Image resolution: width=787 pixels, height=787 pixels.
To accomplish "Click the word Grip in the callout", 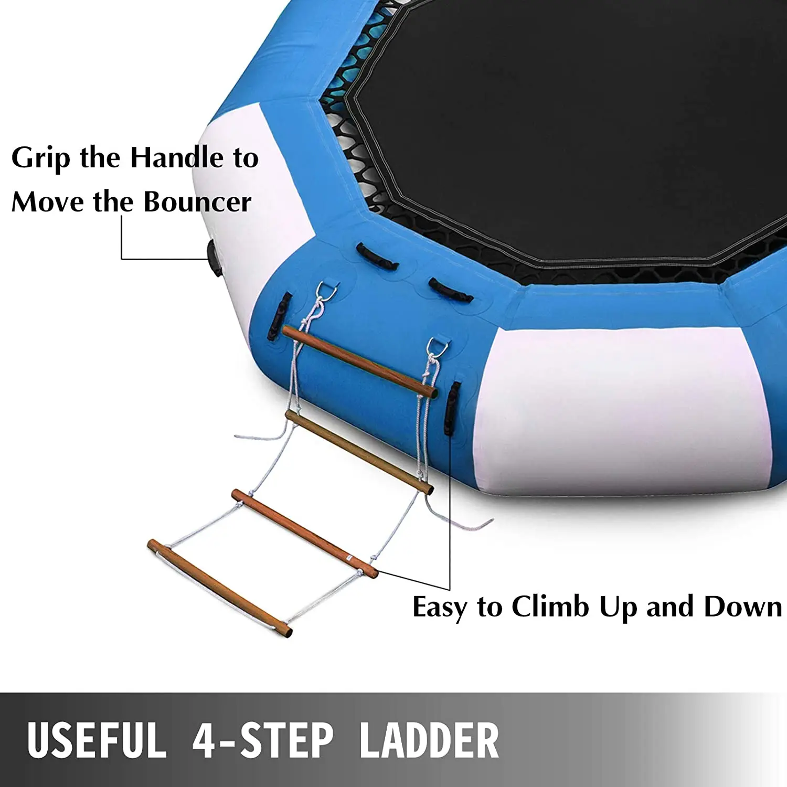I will coord(40,158).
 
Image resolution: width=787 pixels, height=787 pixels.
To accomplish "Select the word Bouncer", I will coord(197,202).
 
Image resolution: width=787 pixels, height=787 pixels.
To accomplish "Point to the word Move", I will coord(47,202).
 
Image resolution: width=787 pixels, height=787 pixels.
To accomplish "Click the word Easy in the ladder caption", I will coord(439,608).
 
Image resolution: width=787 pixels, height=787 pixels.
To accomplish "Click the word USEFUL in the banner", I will coord(97,740).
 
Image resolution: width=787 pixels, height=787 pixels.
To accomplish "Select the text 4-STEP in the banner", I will coord(262,740).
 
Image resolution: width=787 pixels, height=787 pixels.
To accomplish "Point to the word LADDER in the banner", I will coord(429,740).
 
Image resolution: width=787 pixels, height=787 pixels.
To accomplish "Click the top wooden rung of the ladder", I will coord(359,361).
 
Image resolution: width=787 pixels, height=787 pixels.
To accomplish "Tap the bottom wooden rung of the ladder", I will coord(219,588).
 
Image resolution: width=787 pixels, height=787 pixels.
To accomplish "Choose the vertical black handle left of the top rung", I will coord(279,316).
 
